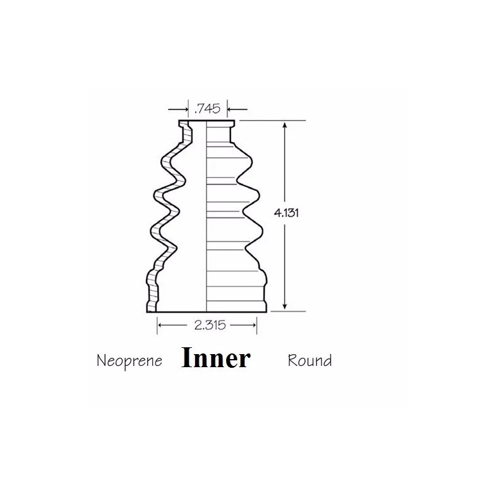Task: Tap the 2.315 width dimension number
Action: coord(207,324)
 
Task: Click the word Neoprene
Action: coord(129,360)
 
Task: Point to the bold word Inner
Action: coord(216,358)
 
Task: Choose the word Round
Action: coord(309,360)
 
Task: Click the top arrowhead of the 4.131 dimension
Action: coord(285,124)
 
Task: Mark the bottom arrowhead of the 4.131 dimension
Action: coord(285,306)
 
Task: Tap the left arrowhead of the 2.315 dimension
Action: coord(161,324)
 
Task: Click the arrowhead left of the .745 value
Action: coord(185,110)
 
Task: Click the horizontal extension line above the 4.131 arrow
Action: coord(273,121)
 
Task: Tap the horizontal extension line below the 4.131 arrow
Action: coord(289,311)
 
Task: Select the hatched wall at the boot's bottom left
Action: coord(151,292)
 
